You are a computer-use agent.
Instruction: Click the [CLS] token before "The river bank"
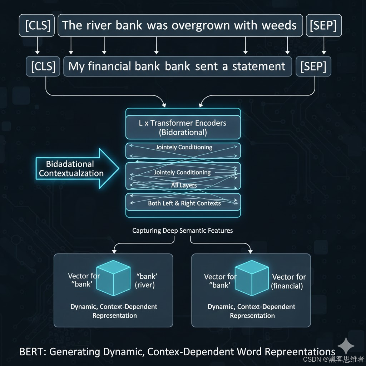38,25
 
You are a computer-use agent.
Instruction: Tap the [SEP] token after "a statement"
313,66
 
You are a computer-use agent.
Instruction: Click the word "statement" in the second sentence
259,66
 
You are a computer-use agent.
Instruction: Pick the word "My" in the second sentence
76,66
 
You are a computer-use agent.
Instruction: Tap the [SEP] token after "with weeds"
324,25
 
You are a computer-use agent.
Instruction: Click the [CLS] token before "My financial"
43,66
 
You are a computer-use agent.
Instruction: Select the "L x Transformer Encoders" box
183,127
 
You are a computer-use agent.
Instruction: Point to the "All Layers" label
184,186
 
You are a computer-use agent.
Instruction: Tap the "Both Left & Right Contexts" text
184,203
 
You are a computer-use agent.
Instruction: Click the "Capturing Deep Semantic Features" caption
182,231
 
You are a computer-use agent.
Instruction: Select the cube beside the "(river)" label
113,278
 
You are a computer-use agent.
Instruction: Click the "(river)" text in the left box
145,285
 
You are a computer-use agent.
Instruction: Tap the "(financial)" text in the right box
287,286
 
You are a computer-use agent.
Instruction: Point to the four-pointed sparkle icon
346,346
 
